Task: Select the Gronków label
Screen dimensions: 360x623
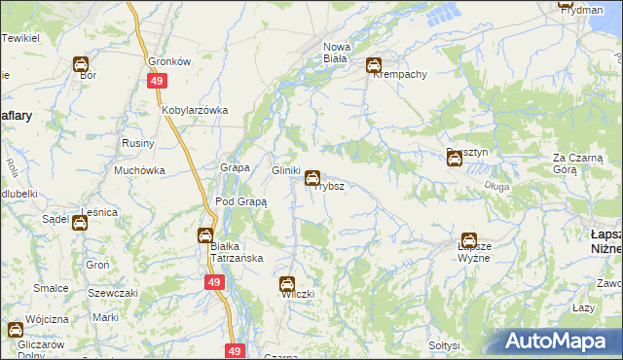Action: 168,60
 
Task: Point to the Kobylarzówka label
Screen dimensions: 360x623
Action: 195,110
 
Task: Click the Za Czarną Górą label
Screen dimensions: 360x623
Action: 578,162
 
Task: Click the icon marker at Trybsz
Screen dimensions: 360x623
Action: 311,178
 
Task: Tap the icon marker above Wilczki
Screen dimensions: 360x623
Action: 287,285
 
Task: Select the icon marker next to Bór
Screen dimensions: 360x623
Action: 81,64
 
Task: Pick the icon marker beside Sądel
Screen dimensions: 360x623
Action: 80,223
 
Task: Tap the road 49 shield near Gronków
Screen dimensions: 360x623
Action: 156,82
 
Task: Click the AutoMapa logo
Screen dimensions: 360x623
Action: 560,342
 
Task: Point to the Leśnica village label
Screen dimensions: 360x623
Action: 100,211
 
